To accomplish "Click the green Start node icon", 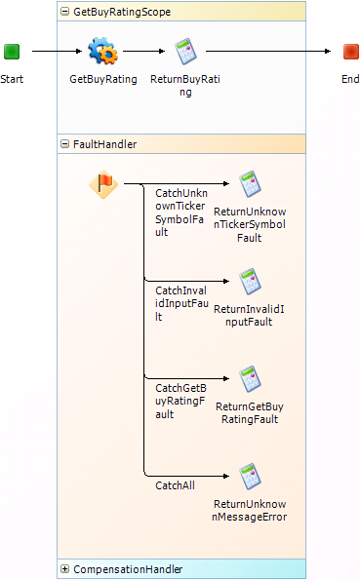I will pos(12,51).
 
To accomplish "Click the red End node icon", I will pos(350,51).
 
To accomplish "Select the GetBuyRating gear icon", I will pos(102,51).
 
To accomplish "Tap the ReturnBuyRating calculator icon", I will pos(185,51).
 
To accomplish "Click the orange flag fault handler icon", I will pos(103,183).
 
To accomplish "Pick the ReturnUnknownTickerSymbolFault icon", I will pos(251,183).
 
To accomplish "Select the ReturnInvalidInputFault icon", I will pos(251,281).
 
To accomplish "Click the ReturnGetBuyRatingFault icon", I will pos(251,378).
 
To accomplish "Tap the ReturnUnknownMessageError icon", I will pos(251,476).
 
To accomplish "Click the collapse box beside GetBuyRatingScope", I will pos(65,12).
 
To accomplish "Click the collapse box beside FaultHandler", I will pos(65,144).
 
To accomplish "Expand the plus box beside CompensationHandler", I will pos(65,569).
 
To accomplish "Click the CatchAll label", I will pos(175,484).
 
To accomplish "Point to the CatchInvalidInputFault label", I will pos(181,303).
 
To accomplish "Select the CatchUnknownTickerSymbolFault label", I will pos(181,213).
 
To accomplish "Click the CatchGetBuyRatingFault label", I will pos(181,401).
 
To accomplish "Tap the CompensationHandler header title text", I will pos(127,569).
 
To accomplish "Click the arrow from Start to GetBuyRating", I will pos(55,51).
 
